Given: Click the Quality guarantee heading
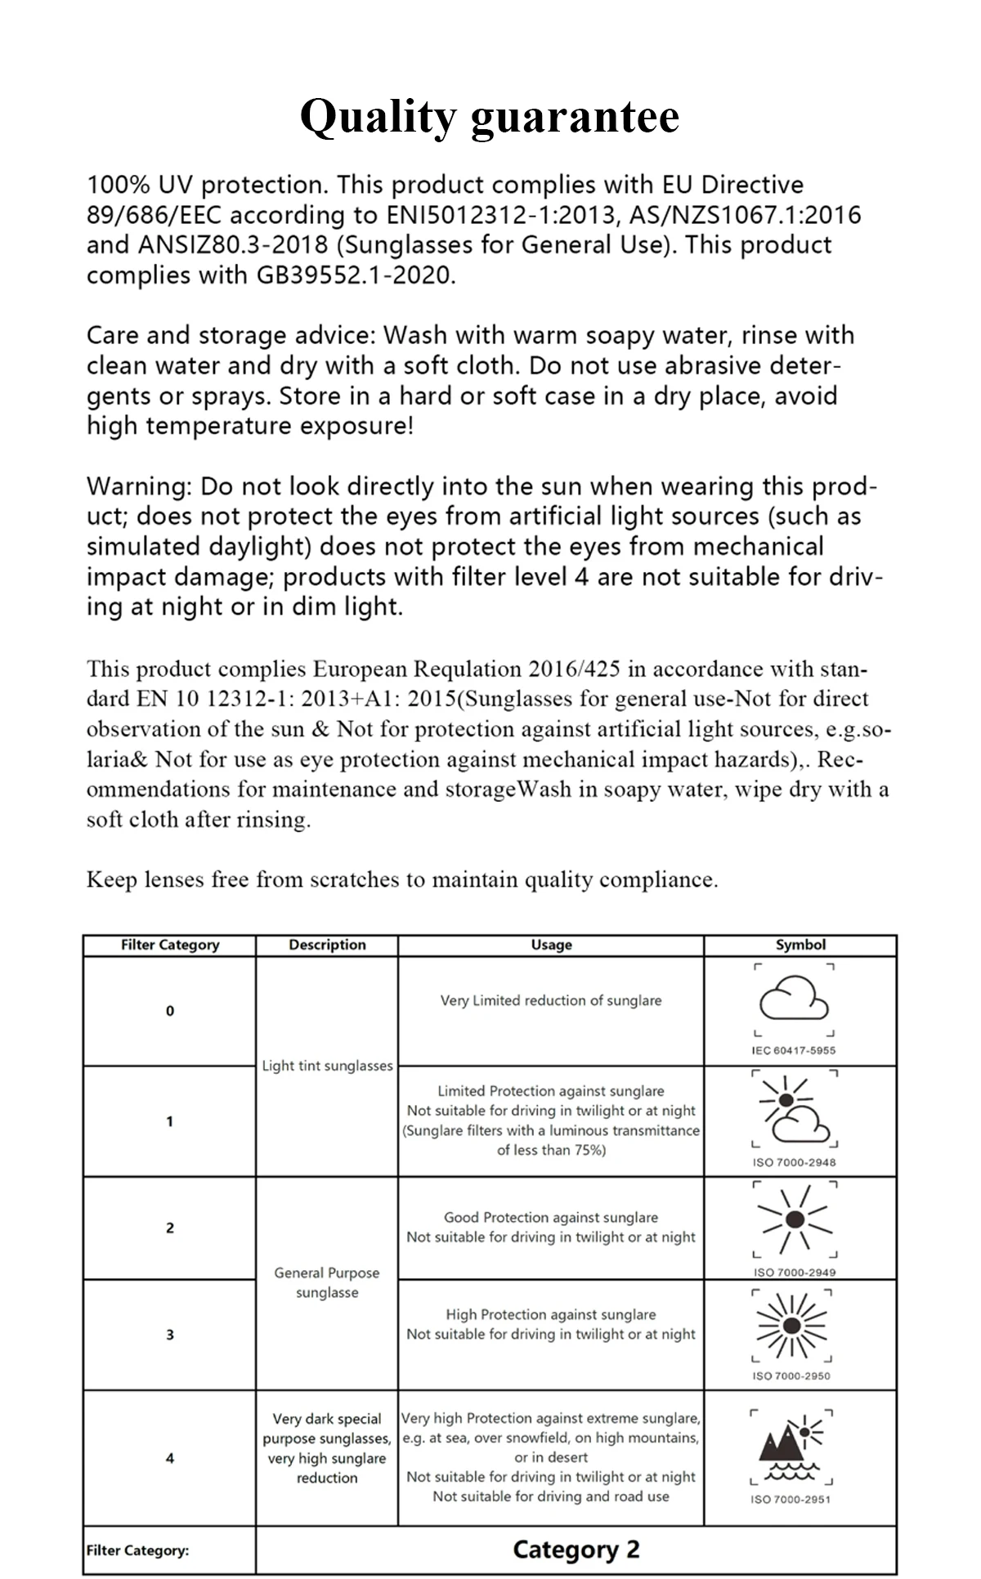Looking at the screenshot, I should tap(489, 116).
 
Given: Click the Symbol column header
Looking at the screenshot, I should tap(800, 945).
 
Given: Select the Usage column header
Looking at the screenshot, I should tap(551, 945).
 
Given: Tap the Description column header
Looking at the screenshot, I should tap(327, 945).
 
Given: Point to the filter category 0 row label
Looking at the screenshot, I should tap(170, 1011).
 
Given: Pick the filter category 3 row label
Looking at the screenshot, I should tap(170, 1335).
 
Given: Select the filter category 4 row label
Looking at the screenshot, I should tap(170, 1458).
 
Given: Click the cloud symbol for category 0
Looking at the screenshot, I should tap(794, 999).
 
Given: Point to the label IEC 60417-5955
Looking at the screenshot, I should tap(794, 1050).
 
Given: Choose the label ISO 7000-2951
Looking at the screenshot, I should tap(791, 1499).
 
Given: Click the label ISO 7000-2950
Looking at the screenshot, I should tap(791, 1375).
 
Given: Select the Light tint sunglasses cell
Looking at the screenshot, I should tap(327, 1066).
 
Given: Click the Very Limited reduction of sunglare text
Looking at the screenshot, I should tap(551, 1000).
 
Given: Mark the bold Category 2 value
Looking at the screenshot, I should tap(576, 1550).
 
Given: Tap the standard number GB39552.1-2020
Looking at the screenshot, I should tap(355, 275).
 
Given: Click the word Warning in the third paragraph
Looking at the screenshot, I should tap(137, 486).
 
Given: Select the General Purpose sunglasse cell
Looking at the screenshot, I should tap(327, 1282).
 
